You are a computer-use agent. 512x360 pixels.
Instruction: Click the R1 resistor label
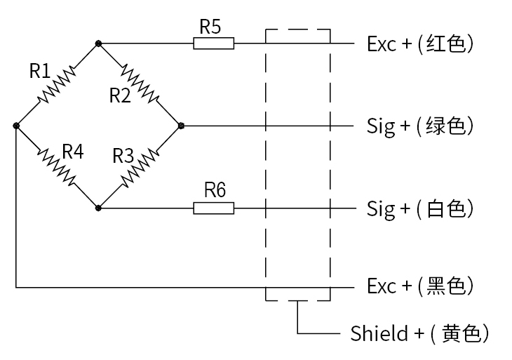(40, 70)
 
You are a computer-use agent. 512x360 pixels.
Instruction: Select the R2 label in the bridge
(120, 95)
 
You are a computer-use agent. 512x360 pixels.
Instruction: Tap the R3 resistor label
(123, 155)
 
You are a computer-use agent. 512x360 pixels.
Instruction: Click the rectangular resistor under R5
(213, 44)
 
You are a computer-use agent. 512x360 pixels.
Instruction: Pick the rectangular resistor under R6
(213, 208)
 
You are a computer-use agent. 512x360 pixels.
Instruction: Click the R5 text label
(210, 27)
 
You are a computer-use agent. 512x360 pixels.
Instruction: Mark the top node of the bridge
(99, 44)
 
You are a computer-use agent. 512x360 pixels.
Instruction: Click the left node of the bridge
(16, 126)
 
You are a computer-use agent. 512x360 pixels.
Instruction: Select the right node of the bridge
(181, 126)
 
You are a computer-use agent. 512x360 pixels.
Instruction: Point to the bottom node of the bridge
(99, 208)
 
